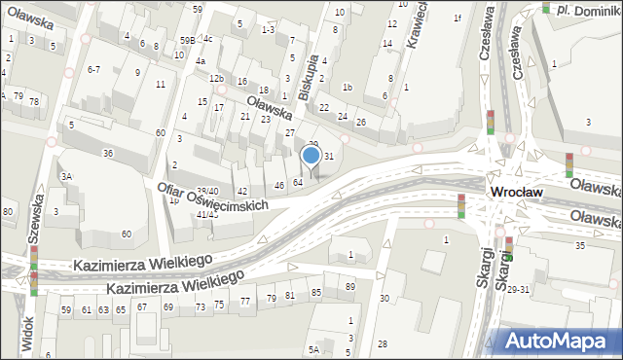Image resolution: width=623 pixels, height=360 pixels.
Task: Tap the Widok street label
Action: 27,333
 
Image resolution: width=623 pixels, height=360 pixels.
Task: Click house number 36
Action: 109,154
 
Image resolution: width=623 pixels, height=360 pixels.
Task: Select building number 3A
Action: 66,177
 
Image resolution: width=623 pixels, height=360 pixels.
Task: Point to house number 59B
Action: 186,40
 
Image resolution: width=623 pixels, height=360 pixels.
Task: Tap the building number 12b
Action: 216,78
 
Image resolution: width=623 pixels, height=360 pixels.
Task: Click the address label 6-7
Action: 93,70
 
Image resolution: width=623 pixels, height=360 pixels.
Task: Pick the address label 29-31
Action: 517,290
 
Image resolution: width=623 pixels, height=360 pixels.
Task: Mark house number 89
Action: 349,286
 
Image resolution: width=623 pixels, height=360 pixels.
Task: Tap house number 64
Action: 298,182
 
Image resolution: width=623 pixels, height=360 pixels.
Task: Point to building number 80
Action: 8,211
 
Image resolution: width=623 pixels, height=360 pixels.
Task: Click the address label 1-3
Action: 268,30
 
